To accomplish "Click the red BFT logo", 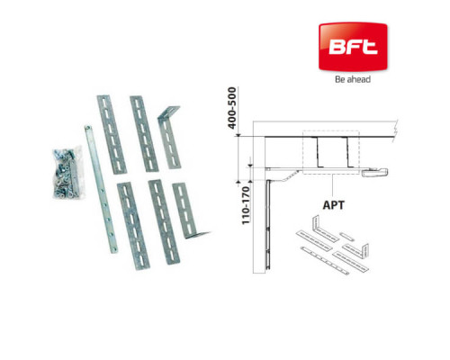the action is (353, 47).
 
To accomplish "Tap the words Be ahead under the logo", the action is (353, 79).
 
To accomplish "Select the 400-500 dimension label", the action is (232, 108).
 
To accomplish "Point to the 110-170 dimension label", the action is (246, 205).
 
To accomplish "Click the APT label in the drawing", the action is (334, 205).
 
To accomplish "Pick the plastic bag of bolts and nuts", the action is (67, 173).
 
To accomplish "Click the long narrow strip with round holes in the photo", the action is (101, 189).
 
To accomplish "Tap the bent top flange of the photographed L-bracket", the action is (168, 112).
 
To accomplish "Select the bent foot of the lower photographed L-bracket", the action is (198, 235).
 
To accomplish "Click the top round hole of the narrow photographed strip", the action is (87, 128).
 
